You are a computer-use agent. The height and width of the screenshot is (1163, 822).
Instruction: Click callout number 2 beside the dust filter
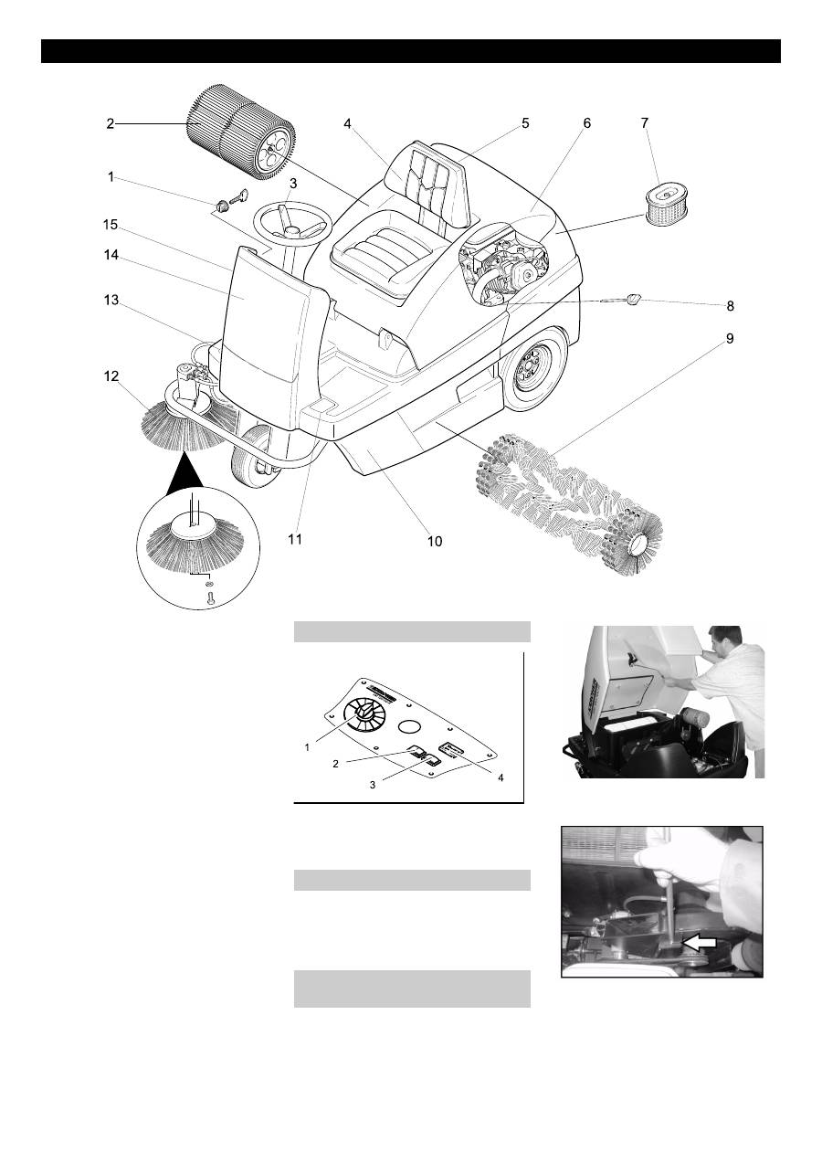[110, 123]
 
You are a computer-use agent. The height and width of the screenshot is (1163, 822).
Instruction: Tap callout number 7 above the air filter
[645, 123]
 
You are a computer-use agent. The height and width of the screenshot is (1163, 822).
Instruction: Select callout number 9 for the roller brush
[729, 337]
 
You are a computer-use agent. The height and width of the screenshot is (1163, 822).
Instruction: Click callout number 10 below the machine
[435, 542]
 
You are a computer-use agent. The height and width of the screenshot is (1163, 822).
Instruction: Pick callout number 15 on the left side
[111, 224]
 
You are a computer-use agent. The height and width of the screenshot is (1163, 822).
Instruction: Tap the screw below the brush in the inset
[210, 599]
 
